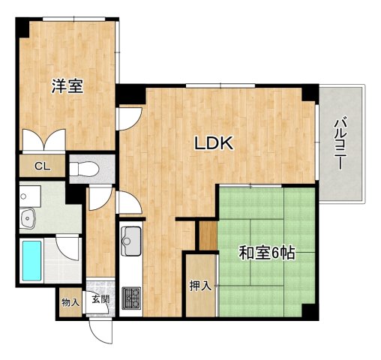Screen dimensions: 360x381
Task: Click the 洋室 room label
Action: coord(67,86)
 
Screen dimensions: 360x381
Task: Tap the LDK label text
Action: coord(215,143)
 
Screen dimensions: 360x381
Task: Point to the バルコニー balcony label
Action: coord(341,142)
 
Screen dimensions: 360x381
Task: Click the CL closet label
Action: coord(41,166)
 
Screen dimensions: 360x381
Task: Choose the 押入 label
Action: coord(199,286)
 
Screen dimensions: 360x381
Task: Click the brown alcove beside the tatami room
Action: coord(207,235)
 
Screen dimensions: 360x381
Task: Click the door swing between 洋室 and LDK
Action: coord(130,116)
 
